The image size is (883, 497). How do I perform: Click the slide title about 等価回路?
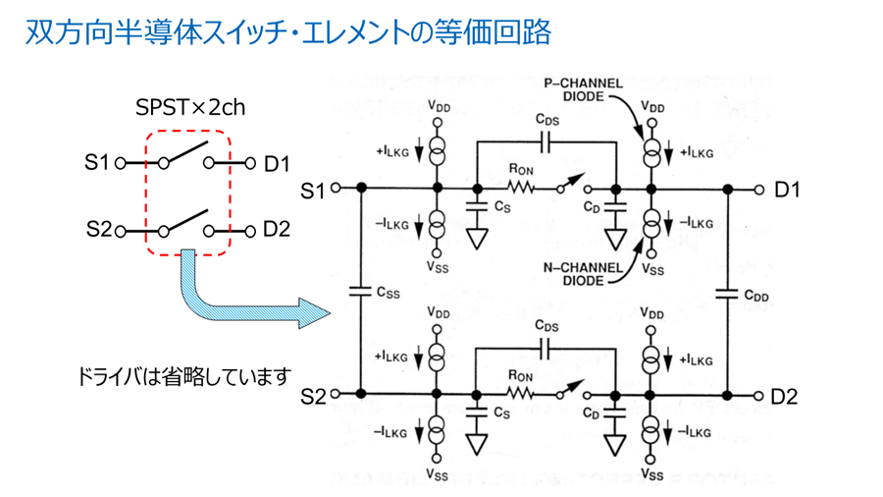click(288, 32)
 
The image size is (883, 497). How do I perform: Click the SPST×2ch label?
click(190, 107)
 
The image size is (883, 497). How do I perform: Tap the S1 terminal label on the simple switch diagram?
click(96, 162)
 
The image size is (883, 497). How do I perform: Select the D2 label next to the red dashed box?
click(277, 229)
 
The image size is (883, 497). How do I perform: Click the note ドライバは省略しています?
click(184, 376)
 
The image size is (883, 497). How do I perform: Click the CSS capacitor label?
click(388, 293)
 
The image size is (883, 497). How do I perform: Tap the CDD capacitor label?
click(756, 296)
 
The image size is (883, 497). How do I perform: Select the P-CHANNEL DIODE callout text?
click(584, 89)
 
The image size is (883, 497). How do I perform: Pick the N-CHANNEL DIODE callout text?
click(583, 274)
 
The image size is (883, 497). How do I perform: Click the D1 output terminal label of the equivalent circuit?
click(787, 190)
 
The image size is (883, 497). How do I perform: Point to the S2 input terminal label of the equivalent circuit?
click(313, 396)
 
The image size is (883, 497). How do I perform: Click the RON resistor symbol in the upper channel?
click(520, 189)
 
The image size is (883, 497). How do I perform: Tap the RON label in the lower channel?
click(520, 375)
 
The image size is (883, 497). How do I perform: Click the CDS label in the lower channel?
click(546, 326)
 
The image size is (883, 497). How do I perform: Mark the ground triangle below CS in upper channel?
click(477, 239)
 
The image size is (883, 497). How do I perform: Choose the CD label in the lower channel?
click(591, 414)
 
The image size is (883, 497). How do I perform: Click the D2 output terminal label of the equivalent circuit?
click(784, 397)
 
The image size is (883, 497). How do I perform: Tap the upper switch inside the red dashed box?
click(185, 154)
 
